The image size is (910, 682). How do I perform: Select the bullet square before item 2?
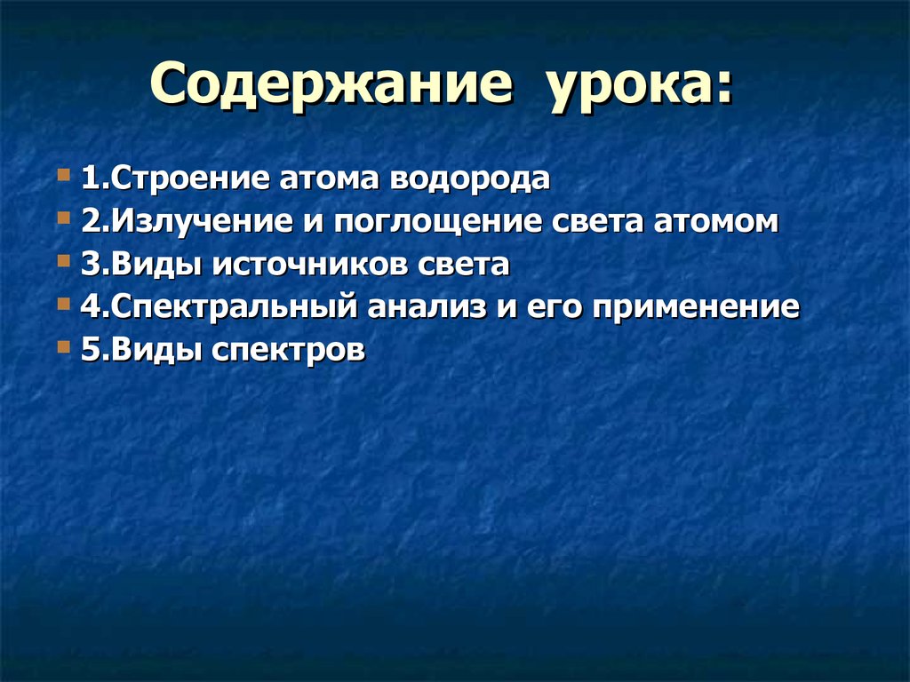62,218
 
